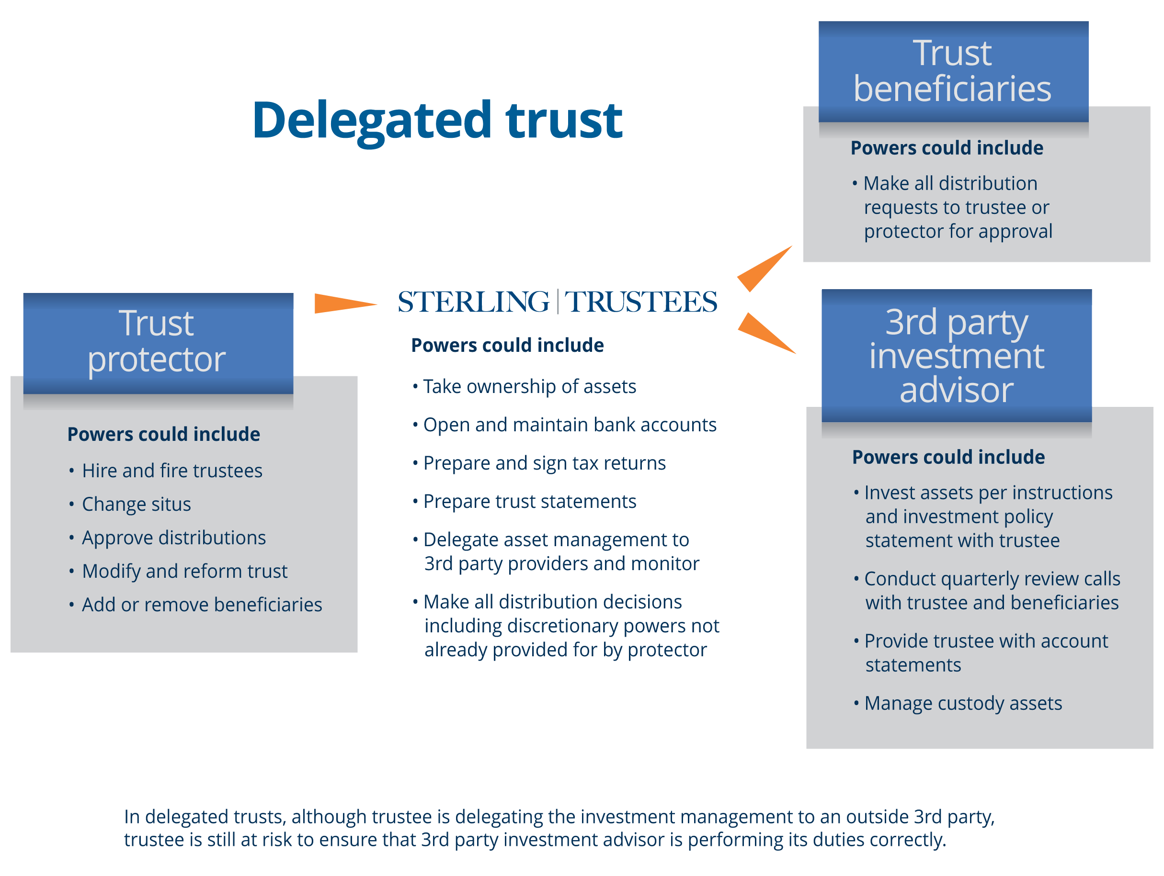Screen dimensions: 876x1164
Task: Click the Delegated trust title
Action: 438,121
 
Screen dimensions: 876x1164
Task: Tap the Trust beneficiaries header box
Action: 953,71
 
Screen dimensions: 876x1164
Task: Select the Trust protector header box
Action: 157,342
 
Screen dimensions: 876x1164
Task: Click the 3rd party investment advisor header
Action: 956,356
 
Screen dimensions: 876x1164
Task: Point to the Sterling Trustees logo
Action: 557,303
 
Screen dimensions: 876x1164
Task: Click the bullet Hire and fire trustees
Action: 171,471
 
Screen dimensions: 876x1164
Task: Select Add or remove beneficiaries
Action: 202,605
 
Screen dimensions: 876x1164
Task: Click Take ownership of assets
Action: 529,387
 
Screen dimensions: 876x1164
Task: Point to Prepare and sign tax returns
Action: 544,464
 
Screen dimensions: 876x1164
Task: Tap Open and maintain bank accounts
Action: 569,426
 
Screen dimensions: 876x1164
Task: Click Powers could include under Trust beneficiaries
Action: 946,148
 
